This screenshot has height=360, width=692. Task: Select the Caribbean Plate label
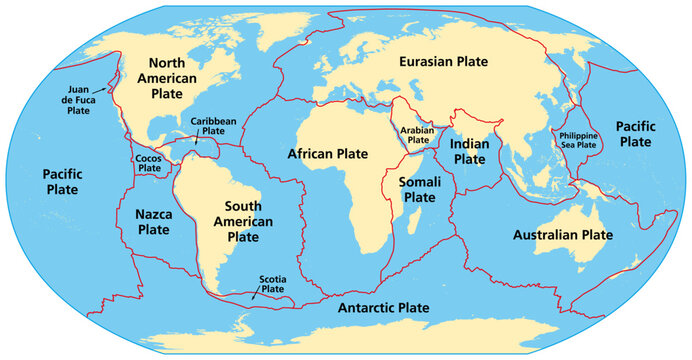[213, 125]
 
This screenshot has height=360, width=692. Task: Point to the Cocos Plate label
[149, 163]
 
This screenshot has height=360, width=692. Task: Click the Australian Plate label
[562, 236]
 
